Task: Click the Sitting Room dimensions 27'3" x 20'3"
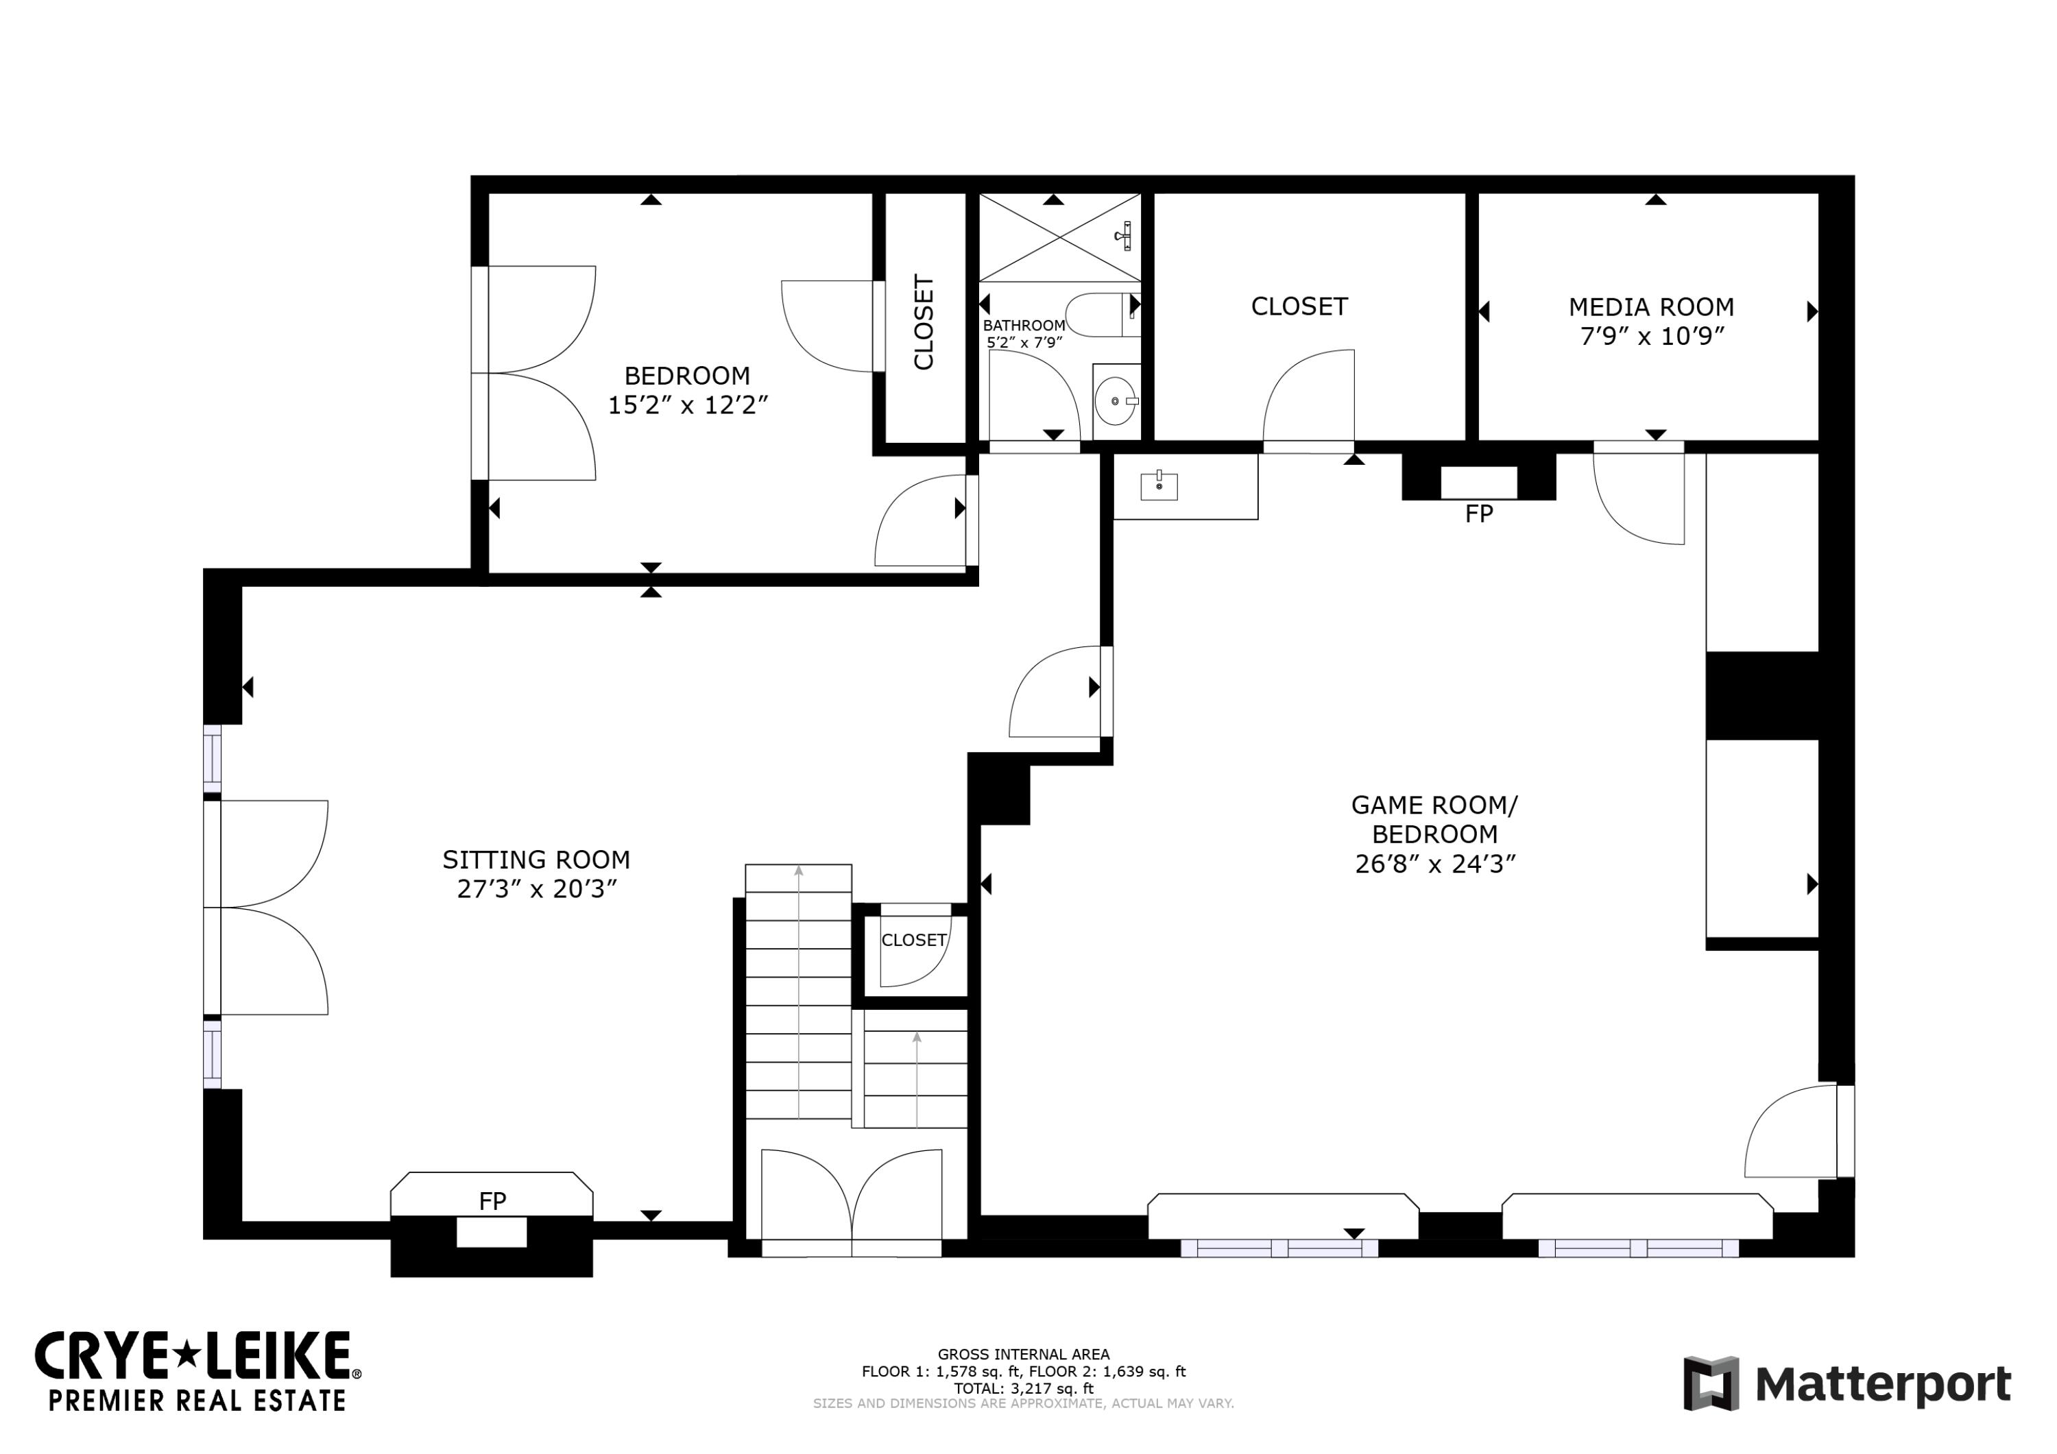click(537, 890)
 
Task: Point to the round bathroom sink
click(1116, 401)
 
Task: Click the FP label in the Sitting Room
click(493, 1201)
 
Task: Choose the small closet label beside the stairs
click(914, 940)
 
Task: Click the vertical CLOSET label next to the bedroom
click(924, 322)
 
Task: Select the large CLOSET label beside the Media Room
click(1299, 306)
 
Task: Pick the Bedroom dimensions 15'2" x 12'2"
click(688, 405)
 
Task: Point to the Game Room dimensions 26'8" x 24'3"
click(1435, 864)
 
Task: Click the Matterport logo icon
click(1711, 1384)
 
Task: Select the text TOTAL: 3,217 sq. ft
click(1024, 1389)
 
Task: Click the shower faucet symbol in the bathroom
click(1125, 236)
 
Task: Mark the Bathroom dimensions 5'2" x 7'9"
click(1024, 342)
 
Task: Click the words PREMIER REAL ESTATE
click(197, 1401)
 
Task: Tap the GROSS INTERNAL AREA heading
click(1024, 1355)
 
